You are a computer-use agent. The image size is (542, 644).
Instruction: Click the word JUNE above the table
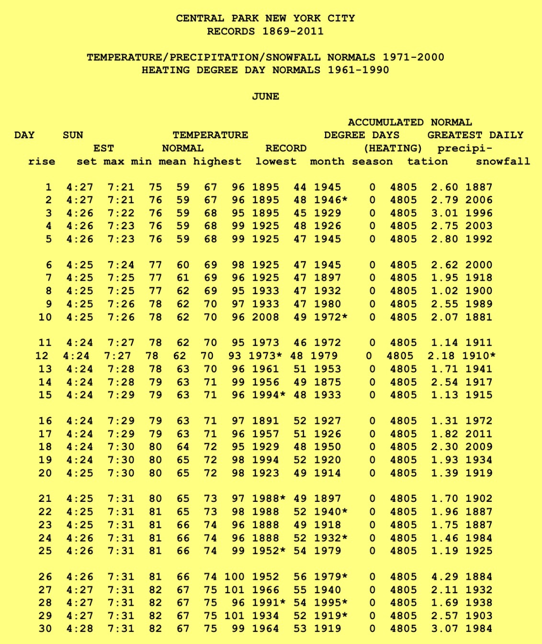266,96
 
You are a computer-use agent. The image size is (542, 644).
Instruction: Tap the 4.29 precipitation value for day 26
444,577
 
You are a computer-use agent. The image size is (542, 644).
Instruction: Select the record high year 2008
265,317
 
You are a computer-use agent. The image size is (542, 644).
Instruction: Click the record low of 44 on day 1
300,187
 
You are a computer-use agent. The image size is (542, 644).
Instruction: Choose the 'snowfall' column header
503,161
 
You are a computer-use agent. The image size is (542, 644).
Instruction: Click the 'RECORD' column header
286,148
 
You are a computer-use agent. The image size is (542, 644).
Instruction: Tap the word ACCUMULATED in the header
385,122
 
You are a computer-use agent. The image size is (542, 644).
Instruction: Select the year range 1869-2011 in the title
293,32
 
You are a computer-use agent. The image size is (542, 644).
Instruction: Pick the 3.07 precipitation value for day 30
444,629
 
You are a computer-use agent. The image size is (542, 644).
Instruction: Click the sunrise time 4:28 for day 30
80,629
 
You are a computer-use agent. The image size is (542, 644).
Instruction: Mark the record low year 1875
327,382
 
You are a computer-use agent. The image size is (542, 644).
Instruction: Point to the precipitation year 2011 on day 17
479,434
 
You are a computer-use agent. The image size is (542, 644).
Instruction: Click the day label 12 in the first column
42,355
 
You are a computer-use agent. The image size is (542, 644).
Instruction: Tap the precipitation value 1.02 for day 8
444,290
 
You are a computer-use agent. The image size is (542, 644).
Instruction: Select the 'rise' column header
42,161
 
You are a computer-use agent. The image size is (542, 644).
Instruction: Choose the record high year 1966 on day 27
265,590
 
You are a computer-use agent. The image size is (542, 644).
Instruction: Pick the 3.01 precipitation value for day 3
444,213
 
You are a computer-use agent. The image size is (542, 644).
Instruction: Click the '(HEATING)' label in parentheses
393,148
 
